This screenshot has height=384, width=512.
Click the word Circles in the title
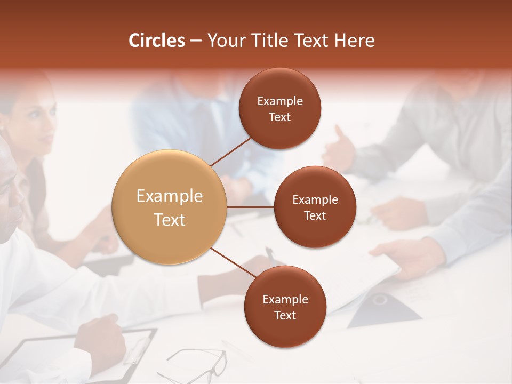[x=157, y=41]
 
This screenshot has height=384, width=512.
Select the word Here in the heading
[x=354, y=41]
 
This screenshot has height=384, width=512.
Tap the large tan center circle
[x=170, y=207]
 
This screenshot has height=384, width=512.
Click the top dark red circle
[x=280, y=108]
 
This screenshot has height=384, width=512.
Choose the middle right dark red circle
[x=315, y=207]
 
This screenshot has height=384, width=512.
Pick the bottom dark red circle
[x=285, y=307]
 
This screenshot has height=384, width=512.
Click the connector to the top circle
[x=230, y=151]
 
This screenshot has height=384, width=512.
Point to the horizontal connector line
[x=250, y=207]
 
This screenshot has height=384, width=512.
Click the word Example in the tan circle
[x=170, y=196]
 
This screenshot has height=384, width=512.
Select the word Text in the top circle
[x=280, y=117]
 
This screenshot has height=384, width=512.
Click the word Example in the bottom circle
[x=285, y=299]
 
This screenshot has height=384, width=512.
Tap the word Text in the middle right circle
[x=315, y=216]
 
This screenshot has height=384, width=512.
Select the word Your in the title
[x=225, y=41]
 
